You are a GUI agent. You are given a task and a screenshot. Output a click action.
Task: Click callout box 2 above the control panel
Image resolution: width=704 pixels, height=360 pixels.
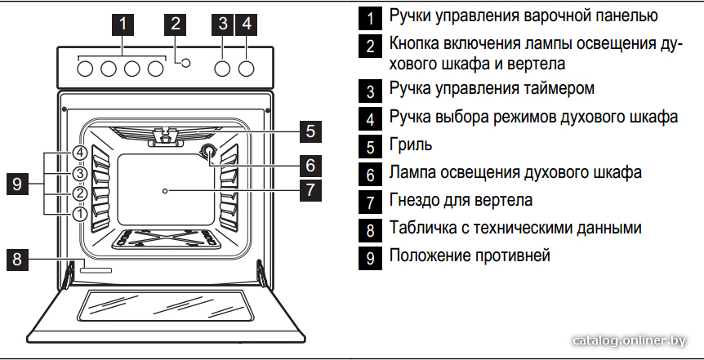(175, 24)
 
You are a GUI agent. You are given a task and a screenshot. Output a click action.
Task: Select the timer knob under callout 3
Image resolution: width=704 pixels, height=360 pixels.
(222, 69)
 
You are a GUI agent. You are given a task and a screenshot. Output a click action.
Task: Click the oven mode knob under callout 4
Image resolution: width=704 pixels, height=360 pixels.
(246, 69)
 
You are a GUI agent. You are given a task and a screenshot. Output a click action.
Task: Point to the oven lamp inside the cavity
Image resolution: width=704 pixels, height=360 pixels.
(208, 152)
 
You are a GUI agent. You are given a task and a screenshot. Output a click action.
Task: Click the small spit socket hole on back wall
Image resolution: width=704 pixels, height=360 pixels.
(165, 191)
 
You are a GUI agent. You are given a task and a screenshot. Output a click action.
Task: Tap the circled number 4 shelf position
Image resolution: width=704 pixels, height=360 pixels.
(79, 153)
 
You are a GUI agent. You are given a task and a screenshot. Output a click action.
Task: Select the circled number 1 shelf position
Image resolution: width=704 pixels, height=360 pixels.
(79, 214)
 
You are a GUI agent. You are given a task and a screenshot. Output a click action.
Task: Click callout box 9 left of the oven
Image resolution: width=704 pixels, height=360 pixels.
(17, 184)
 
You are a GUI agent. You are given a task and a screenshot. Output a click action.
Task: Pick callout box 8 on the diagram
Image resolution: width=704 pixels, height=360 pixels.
(17, 260)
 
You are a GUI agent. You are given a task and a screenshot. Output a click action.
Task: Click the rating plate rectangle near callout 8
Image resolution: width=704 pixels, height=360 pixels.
(96, 269)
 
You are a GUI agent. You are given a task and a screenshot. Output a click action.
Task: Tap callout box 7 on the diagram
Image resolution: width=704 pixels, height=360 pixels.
(310, 190)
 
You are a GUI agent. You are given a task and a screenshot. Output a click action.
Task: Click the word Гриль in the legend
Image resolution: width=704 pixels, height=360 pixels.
(411, 144)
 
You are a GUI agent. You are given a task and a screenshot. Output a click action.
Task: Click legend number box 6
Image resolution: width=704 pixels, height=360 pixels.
(370, 175)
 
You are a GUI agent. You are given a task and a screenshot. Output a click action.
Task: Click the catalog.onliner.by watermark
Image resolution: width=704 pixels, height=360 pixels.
(630, 341)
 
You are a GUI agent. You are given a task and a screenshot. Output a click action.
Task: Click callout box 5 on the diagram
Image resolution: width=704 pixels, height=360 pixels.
(310, 131)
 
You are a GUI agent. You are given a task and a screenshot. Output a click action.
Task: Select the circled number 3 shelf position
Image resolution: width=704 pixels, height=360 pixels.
(79, 173)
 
